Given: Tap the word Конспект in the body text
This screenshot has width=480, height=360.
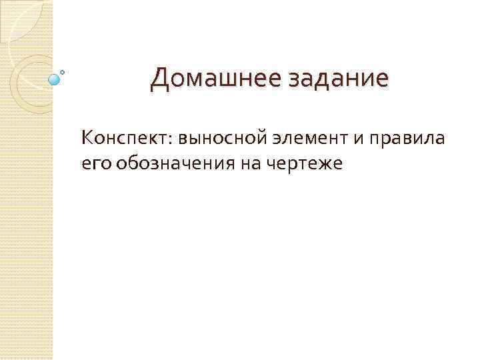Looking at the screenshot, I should pyautogui.click(x=124, y=138).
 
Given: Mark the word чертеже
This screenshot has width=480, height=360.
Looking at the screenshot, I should pyautogui.click(x=300, y=163).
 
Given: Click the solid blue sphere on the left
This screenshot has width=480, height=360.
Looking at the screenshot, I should pyautogui.click(x=55, y=80).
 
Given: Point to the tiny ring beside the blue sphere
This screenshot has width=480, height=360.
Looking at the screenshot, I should pyautogui.click(x=63, y=71).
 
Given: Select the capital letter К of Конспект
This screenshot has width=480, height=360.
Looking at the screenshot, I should pyautogui.click(x=86, y=137).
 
